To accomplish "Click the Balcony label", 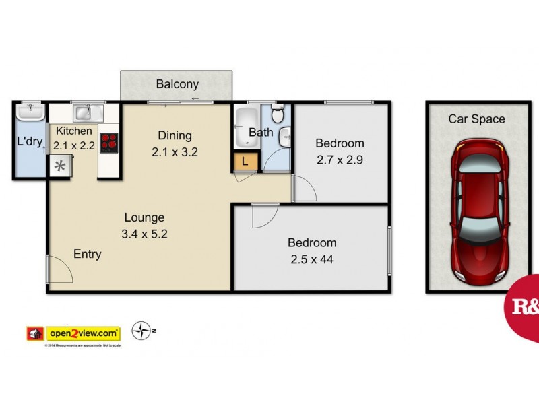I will tap(177, 84).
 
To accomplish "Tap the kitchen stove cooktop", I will tap(108, 142).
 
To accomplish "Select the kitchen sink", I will tap(84, 112).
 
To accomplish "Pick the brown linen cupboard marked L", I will tap(246, 162).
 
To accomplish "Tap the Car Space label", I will tap(477, 119).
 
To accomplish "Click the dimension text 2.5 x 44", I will tap(312, 259).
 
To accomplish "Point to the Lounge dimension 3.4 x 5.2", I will tap(144, 234).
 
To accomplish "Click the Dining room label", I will tap(175, 135).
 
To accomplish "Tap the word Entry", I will tap(88, 254).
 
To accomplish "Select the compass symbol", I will tap(141, 331).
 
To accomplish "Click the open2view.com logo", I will tap(83, 333).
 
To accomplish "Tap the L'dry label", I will tap(30, 142).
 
